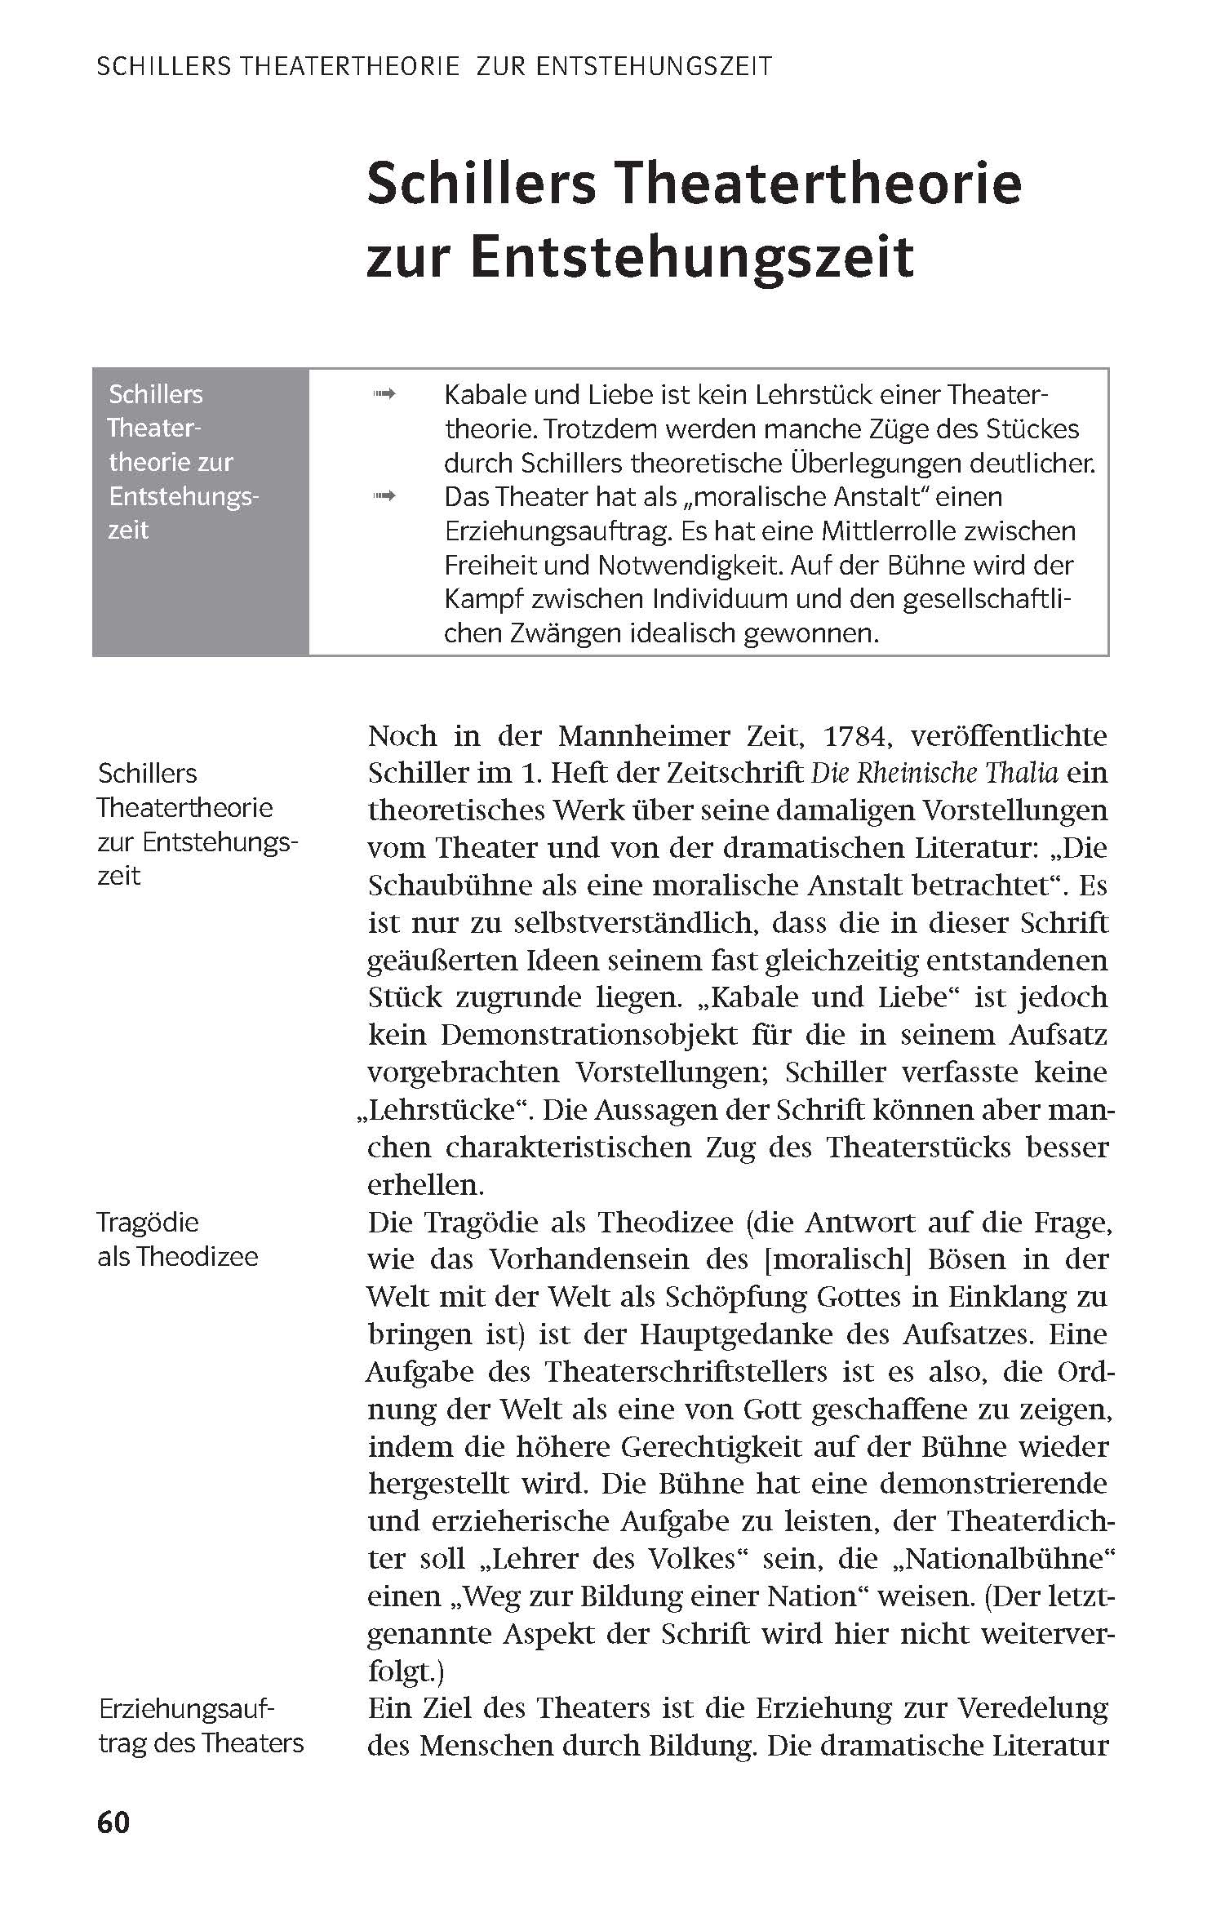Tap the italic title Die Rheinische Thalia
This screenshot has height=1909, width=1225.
click(x=935, y=773)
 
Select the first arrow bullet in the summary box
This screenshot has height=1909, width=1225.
click(x=384, y=395)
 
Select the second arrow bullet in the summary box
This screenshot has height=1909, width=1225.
click(x=384, y=496)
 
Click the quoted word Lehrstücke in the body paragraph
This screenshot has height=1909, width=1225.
click(x=446, y=1110)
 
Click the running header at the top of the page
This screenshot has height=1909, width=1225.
click(x=433, y=66)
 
